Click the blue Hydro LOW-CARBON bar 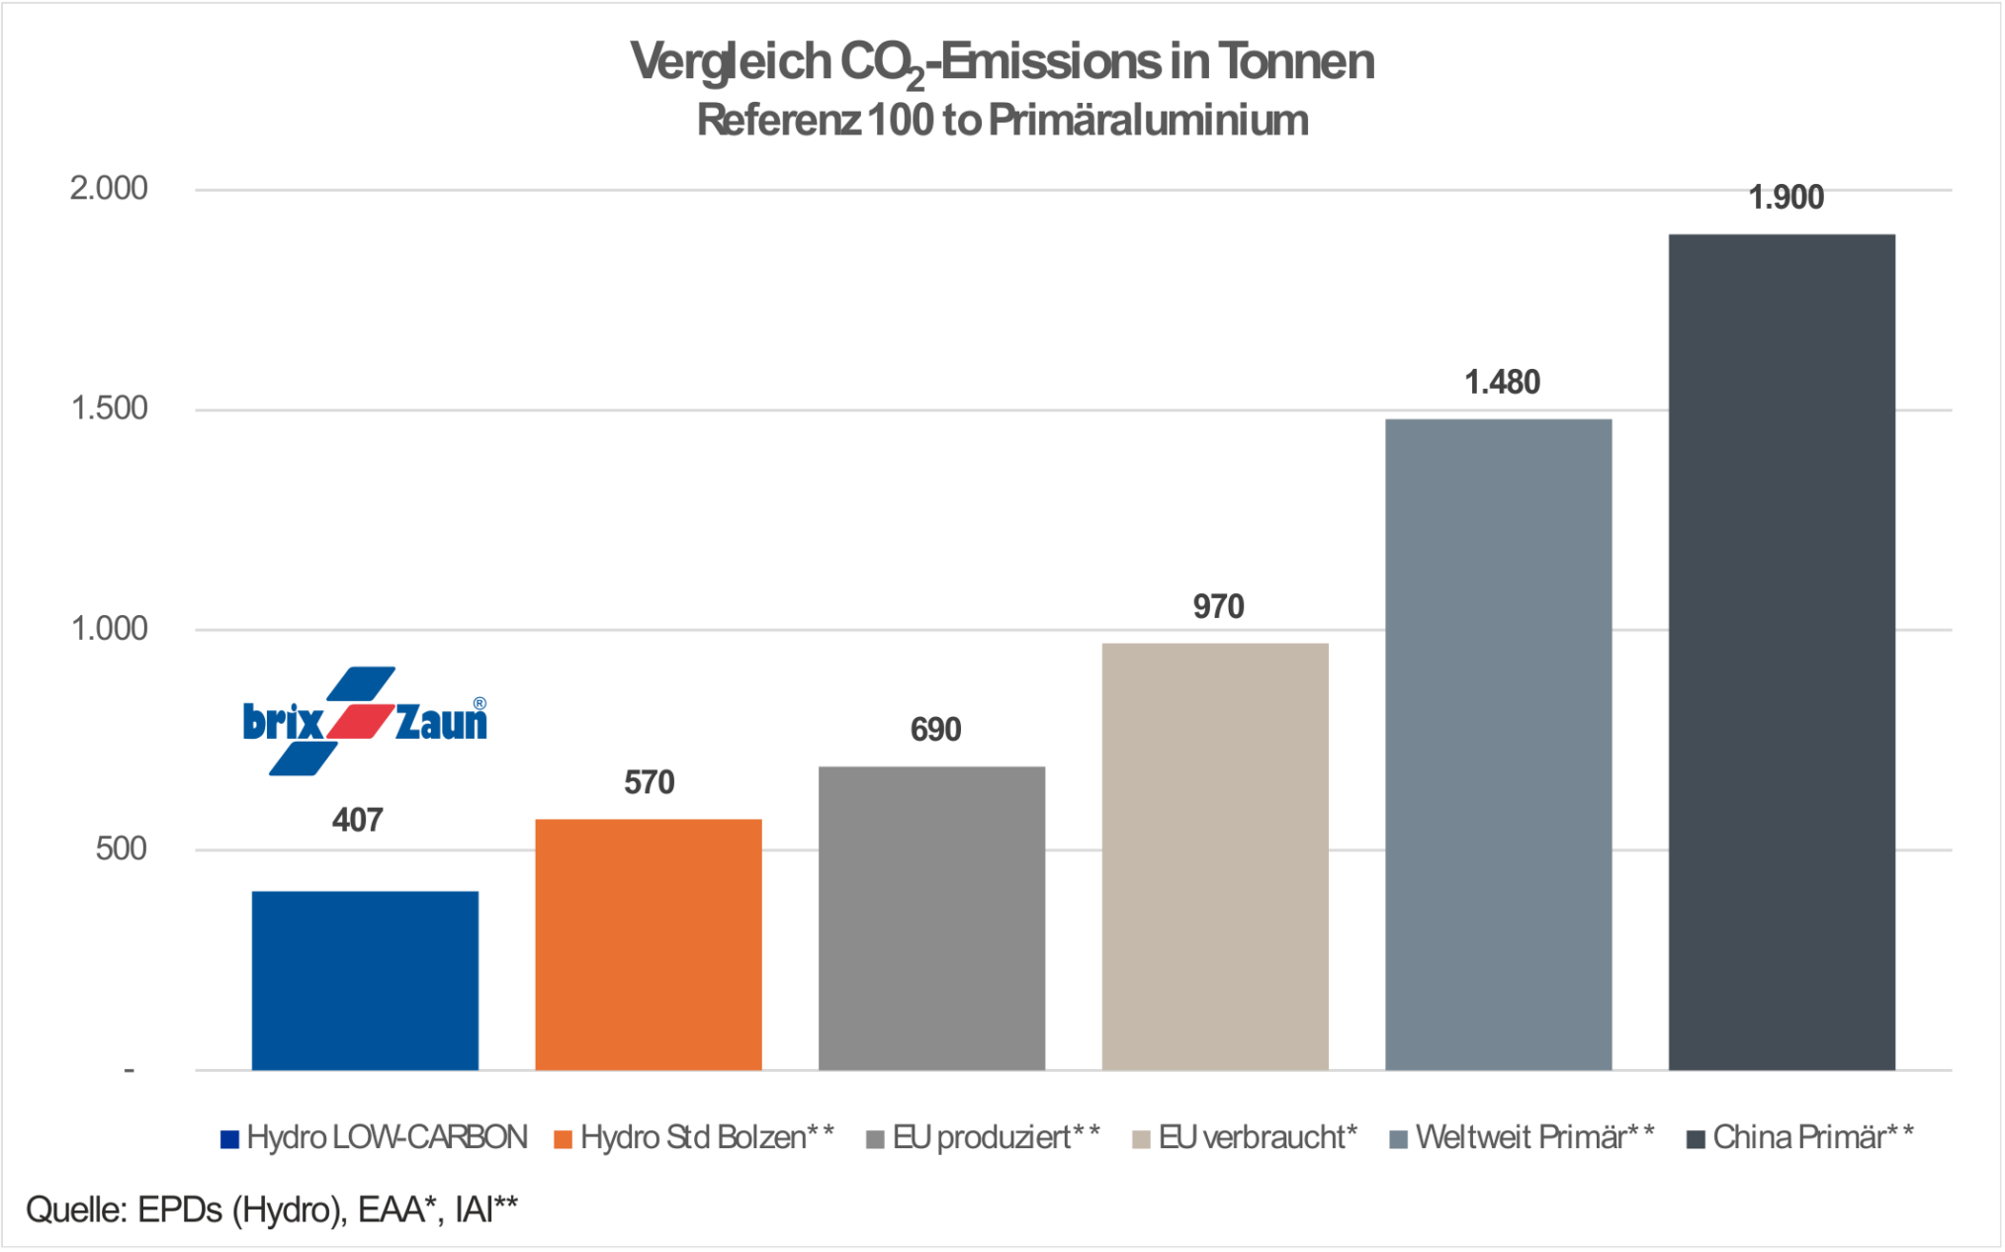click(365, 980)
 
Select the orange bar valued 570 click(649, 944)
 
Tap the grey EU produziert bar click(931, 918)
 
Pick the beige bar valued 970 click(1215, 856)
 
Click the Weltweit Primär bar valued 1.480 click(1498, 744)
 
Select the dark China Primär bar click(1782, 652)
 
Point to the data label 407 click(357, 820)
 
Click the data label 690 click(935, 730)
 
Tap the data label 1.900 click(1786, 198)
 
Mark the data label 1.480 click(1502, 383)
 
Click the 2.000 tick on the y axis click(109, 188)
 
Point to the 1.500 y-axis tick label click(109, 408)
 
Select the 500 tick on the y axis click(121, 849)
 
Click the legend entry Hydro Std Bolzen click(694, 1138)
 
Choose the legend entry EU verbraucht click(1246, 1138)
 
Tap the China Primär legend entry click(1799, 1138)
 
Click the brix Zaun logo click(365, 721)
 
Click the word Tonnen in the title click(1295, 61)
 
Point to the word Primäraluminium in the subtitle click(1148, 121)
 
